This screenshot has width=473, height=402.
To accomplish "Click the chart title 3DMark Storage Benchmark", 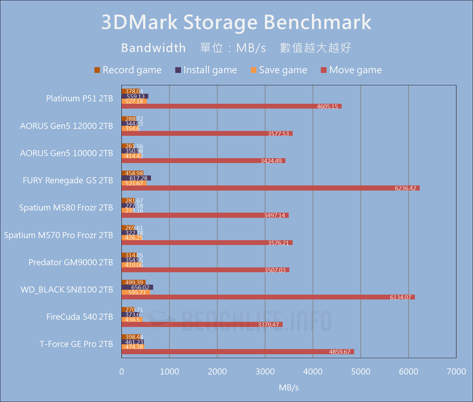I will [x=236, y=22].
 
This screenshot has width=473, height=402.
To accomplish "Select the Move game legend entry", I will [x=351, y=70].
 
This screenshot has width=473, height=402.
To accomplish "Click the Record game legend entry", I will [x=128, y=70].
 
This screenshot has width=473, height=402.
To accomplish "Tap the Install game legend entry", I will [x=206, y=70].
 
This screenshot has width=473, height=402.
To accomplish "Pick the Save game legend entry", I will [x=279, y=70].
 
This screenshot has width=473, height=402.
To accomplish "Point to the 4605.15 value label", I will [x=327, y=106].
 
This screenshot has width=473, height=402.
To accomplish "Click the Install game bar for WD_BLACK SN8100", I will [x=137, y=287].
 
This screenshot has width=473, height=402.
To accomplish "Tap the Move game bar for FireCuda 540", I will [x=202, y=324].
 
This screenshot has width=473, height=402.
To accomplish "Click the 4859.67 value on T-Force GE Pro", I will [x=340, y=352].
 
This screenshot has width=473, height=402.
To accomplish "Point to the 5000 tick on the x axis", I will [x=360, y=372].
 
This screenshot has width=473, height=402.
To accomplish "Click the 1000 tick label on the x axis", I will [x=169, y=372].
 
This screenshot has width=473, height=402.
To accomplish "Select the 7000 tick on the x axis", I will [x=456, y=372].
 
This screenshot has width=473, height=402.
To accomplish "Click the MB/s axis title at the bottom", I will [x=289, y=388].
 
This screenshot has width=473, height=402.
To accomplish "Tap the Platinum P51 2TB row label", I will [x=79, y=98].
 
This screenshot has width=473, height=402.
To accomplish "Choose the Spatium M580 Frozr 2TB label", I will [x=66, y=208].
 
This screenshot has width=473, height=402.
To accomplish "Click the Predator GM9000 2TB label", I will [x=70, y=262].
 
